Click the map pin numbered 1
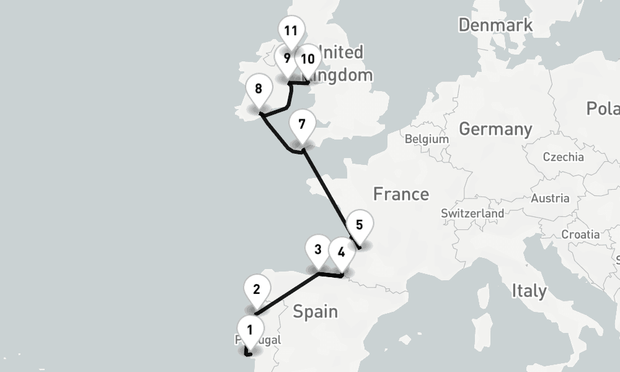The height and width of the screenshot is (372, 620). pyautogui.click(x=250, y=330)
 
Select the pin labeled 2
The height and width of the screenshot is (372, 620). pyautogui.click(x=257, y=290)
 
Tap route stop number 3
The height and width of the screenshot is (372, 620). pyautogui.click(x=317, y=250)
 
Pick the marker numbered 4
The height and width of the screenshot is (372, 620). pyautogui.click(x=340, y=252)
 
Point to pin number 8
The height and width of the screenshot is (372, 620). pyautogui.click(x=259, y=89)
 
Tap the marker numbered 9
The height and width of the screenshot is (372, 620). pyautogui.click(x=286, y=60)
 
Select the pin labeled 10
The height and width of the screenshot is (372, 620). pyautogui.click(x=307, y=60)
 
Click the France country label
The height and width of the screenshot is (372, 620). pyautogui.click(x=401, y=194)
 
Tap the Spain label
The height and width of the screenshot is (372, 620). pyautogui.click(x=315, y=311)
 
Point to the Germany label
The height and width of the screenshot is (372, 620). pyautogui.click(x=495, y=129)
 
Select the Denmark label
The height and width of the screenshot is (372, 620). pyautogui.click(x=495, y=25)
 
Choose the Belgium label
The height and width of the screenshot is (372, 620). pyautogui.click(x=427, y=139)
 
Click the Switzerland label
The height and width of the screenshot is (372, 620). pyautogui.click(x=472, y=213)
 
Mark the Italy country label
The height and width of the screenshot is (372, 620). pyautogui.click(x=529, y=290)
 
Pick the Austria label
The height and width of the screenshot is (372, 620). pyautogui.click(x=550, y=198)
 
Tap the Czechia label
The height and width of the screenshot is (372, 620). pyautogui.click(x=563, y=157)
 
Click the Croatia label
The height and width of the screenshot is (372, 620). pyautogui.click(x=580, y=234)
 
